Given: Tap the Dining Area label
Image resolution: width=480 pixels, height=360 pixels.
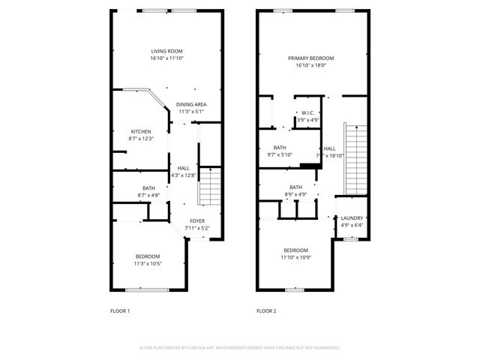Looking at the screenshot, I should coord(191,104).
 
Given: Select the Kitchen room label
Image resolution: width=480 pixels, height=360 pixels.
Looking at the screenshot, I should coord(141,131).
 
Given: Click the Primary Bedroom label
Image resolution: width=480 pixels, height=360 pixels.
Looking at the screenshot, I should coord(311,58).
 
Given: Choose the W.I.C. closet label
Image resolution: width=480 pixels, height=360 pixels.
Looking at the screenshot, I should coord(307,113).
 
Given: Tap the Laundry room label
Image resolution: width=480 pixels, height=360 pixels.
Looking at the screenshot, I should coord(352,217).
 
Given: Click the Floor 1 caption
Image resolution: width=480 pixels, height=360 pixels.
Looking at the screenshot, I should coord(120,310).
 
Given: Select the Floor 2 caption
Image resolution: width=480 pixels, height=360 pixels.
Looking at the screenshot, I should coord(266,310).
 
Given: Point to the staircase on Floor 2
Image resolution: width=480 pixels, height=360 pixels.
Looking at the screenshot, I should coord(353,159).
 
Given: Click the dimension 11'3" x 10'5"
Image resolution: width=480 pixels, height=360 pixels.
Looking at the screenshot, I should coord(147,263).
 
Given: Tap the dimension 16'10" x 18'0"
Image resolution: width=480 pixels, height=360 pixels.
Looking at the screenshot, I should coord(311,65).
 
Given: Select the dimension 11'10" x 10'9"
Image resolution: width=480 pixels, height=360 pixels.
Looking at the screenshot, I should coord(296,257).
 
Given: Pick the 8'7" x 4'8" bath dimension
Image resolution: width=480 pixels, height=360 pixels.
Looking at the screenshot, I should coord(148,195).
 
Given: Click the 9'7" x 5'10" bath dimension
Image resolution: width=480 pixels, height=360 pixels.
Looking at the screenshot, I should coord(280,154).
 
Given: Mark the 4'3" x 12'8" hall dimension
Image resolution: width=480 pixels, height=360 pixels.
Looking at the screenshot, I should coord(184,175).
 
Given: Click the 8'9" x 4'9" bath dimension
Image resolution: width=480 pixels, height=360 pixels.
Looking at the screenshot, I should coord(296,194).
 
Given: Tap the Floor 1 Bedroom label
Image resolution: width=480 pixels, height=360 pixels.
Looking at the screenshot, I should coord(147,256).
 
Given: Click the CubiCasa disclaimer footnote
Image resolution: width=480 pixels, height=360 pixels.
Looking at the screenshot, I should coord(240,348).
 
